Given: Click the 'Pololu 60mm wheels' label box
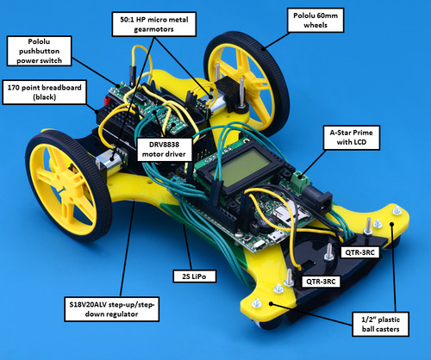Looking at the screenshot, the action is (315, 20).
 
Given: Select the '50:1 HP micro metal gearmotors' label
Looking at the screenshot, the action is (154, 24).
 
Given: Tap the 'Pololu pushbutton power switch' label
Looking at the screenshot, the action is (39, 51).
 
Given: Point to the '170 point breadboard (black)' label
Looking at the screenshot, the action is (44, 92).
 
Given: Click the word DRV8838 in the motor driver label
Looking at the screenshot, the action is (164, 144).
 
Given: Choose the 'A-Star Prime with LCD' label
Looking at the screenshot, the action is (352, 137).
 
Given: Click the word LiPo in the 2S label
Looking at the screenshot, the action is (199, 276).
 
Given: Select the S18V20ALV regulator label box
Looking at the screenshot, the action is (112, 309).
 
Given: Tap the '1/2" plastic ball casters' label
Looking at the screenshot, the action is (380, 324).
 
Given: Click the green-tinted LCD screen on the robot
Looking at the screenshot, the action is (240, 167).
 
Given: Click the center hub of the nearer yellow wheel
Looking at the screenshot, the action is (64, 188).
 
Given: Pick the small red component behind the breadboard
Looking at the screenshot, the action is (108, 101).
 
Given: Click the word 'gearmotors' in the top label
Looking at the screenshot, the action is (154, 29).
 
